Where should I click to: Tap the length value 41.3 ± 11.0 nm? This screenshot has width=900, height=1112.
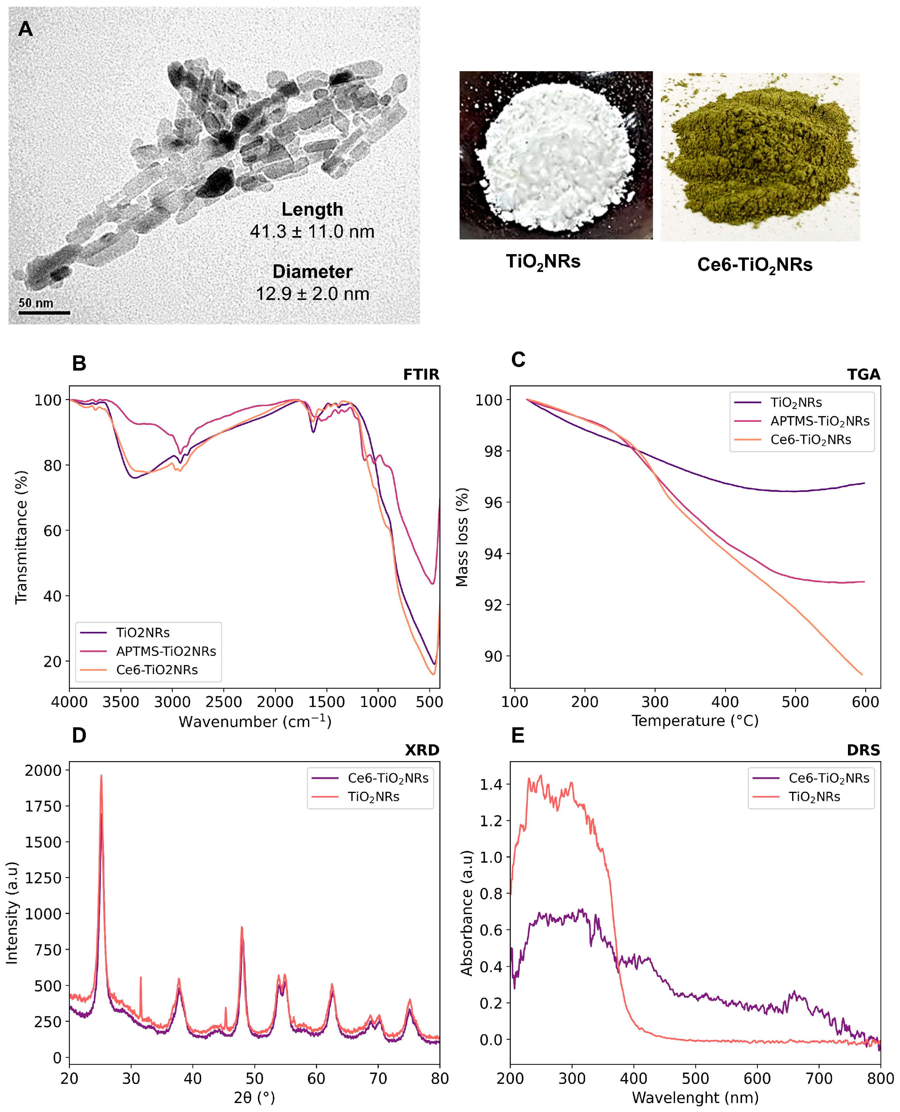pos(312,231)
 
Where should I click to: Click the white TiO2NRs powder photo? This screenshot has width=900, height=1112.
pos(556,155)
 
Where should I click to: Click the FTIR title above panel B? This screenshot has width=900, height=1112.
pos(421,374)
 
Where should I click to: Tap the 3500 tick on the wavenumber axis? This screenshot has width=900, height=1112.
pos(121,702)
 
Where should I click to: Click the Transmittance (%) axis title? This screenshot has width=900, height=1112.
pos(21,537)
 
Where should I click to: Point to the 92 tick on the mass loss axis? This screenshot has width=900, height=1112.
pos(493,605)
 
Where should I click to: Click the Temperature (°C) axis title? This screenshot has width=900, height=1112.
pos(695,720)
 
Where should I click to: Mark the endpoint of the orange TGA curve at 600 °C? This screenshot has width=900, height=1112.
pos(862,674)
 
